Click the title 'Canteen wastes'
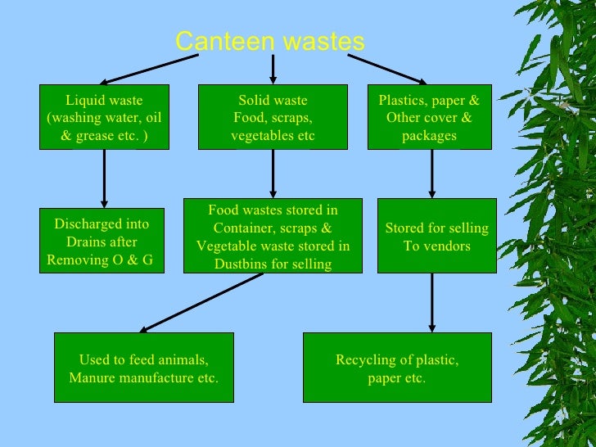coord(270,42)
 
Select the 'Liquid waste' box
coord(104,117)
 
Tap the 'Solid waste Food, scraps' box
coord(273,117)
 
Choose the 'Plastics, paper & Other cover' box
coord(429,117)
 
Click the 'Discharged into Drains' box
coord(102,241)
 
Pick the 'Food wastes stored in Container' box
coord(273,237)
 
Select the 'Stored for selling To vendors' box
coord(436,237)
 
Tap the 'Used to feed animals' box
coord(144,368)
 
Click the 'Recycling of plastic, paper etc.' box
coord(397,368)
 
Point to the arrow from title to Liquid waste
coord(151,69)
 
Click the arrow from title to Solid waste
coord(273,69)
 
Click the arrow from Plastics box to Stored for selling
coord(431,174)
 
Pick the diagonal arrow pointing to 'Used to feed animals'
coord(201,302)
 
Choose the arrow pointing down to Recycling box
coord(431,302)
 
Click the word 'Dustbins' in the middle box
coord(240,264)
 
